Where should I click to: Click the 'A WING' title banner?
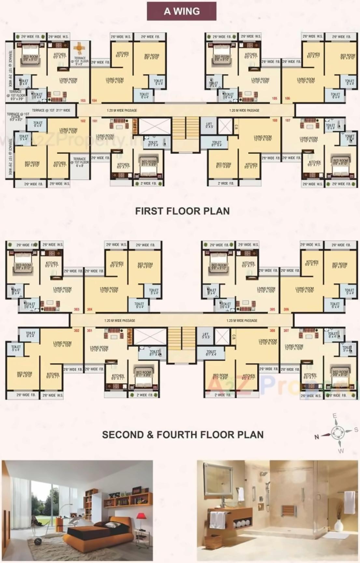pos(182,11)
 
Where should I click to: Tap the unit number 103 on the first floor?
pos(83,100)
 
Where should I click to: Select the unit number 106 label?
pos(287,98)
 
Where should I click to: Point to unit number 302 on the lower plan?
pos(76,331)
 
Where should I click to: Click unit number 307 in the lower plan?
pos(286,331)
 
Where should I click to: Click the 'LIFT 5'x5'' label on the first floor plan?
pos(209,125)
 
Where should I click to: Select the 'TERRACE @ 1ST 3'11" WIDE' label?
pos(51,110)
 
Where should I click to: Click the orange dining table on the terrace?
pos(79,48)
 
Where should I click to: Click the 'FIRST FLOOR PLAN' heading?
pos(182,211)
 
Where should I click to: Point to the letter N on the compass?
pos(316,437)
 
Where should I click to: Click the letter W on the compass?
pos(341,451)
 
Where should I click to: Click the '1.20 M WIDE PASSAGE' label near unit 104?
pos(122,110)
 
